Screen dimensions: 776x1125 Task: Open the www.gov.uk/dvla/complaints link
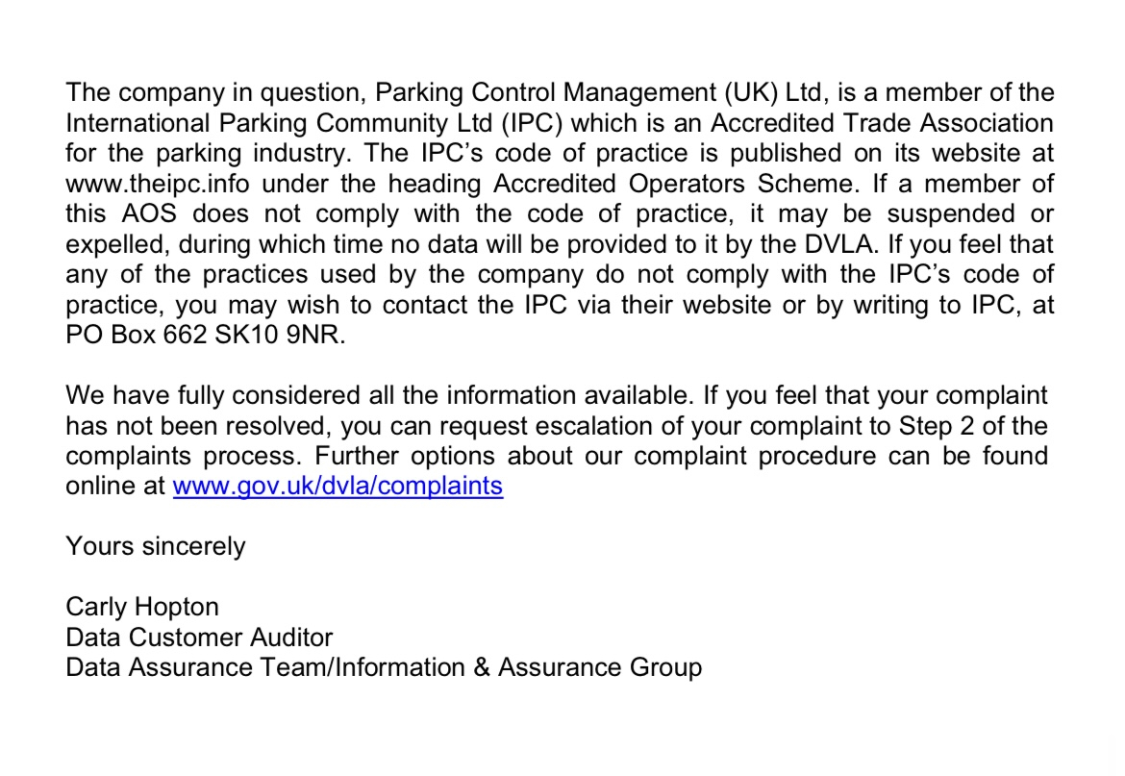[x=337, y=486]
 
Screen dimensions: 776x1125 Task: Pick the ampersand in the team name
[x=482, y=667]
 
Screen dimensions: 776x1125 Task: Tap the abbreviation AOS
[x=144, y=213]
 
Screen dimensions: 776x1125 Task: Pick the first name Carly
[x=95, y=607]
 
